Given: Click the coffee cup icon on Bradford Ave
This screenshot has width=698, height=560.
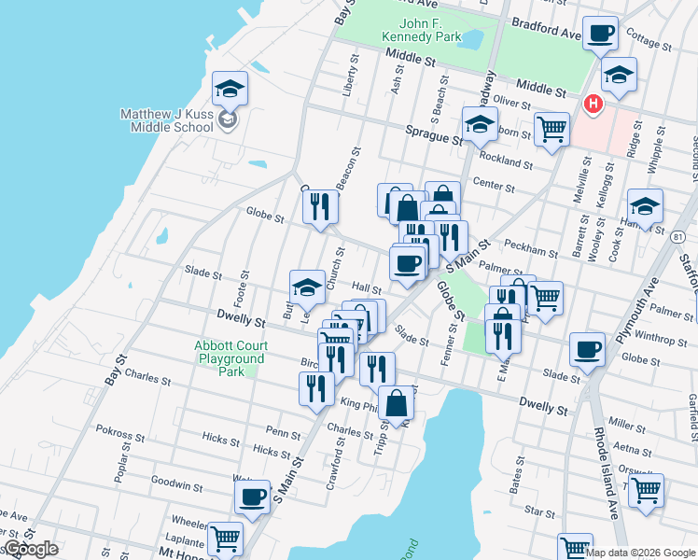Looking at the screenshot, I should tap(601, 35).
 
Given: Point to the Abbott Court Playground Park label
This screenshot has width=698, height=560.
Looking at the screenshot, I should tap(230, 358).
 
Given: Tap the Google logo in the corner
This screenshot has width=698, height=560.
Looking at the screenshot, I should tap(30, 549).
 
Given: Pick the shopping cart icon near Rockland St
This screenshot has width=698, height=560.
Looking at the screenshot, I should tap(551, 129).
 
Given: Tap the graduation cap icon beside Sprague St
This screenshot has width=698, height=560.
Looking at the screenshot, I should tap(480, 125).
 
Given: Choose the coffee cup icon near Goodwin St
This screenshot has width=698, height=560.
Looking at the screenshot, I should tap(252, 497).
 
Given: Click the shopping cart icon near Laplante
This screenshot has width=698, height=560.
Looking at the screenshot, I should tap(225, 539).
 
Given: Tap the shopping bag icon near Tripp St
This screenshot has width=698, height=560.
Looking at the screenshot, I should tap(397, 403).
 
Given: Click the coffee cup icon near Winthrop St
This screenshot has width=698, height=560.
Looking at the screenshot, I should tap(587, 350).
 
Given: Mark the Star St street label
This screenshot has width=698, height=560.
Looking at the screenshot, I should tap(539, 511).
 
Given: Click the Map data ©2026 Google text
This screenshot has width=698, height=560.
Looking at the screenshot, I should tap(640, 553).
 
